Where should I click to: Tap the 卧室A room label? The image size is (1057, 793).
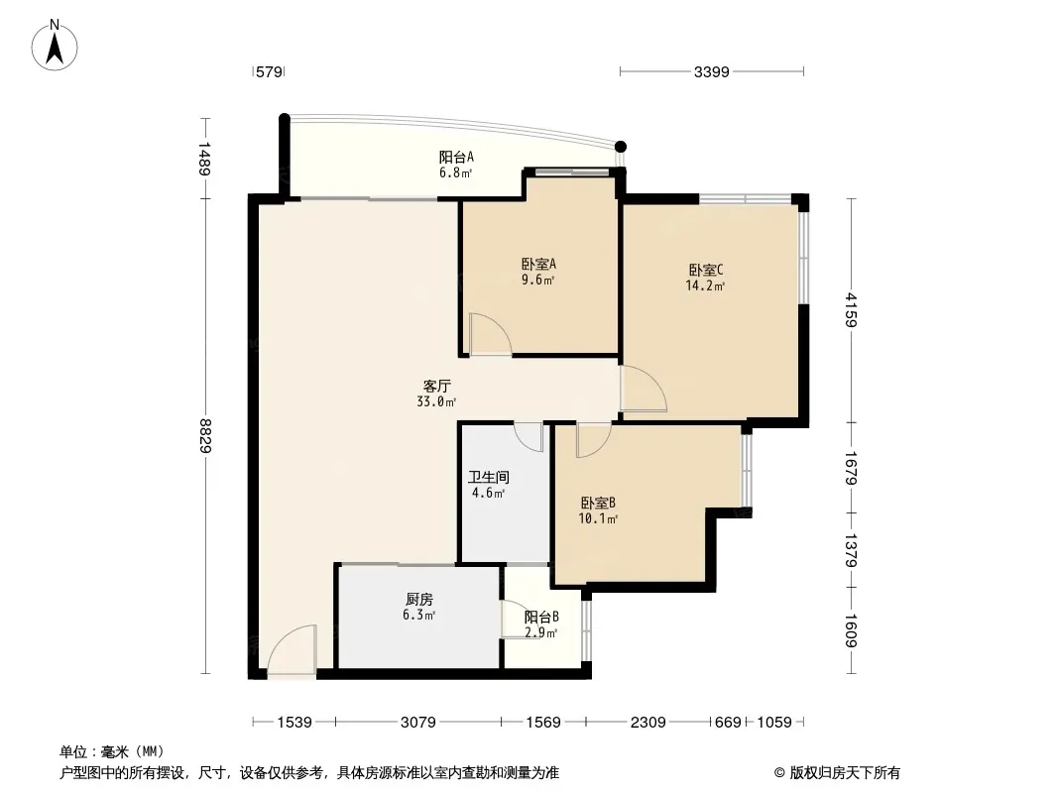coord(537,264)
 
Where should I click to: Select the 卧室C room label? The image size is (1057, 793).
coord(706,270)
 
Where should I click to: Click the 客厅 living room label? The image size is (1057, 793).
coord(437,387)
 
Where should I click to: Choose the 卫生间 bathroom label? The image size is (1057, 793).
coord(488,477)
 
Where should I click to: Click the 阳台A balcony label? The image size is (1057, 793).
coord(456,157)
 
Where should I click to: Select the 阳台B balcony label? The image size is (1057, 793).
coord(541,616)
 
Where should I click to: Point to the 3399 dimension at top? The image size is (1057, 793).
coord(711,71)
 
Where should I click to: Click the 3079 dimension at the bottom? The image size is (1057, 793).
coord(417,723)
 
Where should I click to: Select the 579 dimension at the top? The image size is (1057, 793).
coord(270,71)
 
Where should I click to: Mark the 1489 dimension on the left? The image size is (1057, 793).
coord(205,159)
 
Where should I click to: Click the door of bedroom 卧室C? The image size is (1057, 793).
coord(642,389)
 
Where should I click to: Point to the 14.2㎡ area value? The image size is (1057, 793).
coord(705,286)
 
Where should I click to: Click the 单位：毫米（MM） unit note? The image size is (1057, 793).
coord(111,751)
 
